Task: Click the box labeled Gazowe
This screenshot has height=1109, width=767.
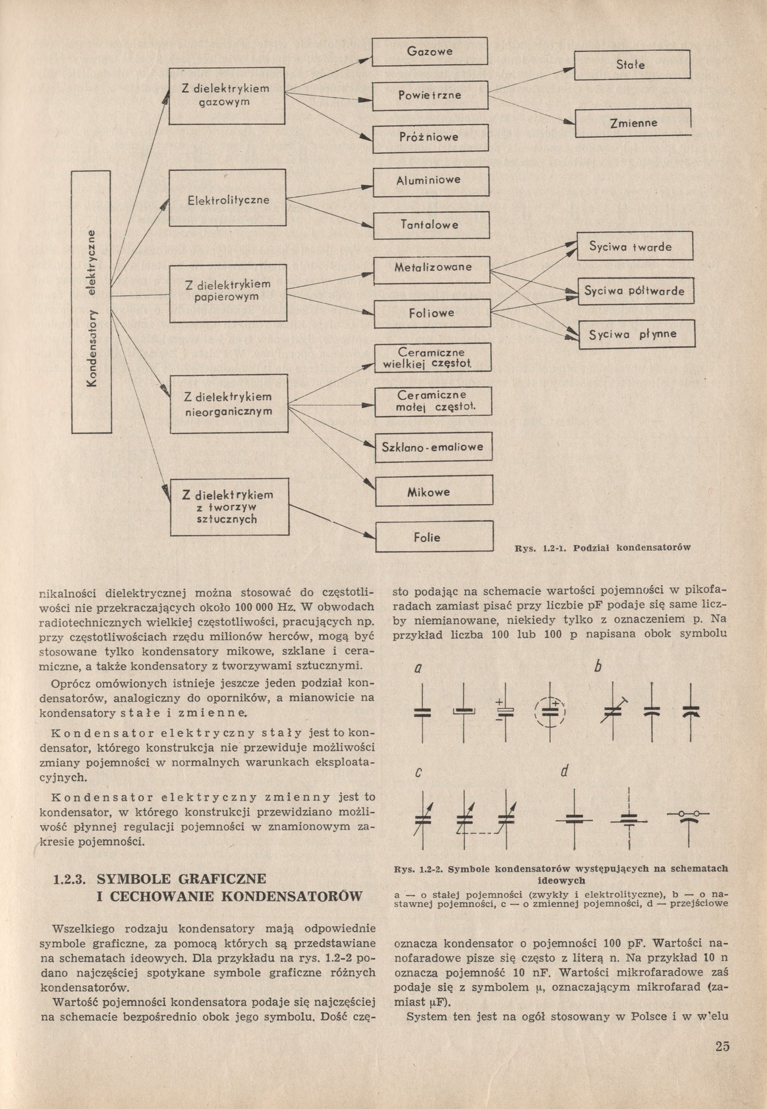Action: click(430, 51)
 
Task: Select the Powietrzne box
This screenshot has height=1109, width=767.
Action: click(430, 95)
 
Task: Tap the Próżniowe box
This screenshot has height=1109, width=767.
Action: click(430, 138)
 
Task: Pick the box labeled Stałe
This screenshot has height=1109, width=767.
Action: click(631, 65)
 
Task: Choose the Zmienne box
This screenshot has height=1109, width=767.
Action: click(633, 123)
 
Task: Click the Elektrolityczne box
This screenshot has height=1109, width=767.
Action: click(228, 198)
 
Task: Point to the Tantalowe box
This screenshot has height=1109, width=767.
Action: click(432, 225)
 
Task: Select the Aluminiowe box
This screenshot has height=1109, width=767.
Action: click(432, 181)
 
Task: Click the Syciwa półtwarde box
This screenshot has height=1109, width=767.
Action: click(636, 291)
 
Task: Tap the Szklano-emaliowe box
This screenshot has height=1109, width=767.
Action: click(433, 447)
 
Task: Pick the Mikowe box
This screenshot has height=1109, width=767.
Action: click(434, 492)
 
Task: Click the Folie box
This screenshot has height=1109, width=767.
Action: click(434, 537)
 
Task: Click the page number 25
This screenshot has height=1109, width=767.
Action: click(722, 1046)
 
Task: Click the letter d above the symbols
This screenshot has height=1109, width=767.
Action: click(565, 772)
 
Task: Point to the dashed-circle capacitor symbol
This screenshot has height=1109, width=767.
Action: click(550, 712)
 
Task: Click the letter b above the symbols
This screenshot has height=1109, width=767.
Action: click(598, 668)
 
